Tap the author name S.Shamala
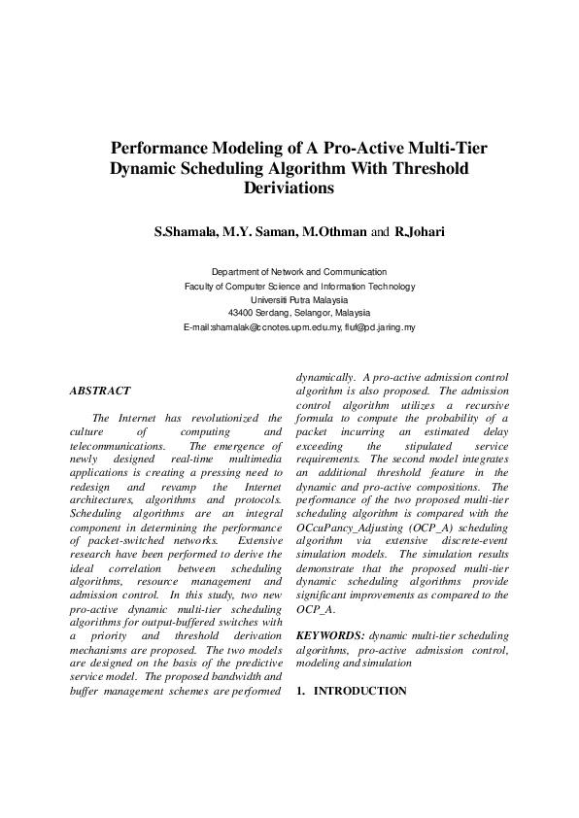[187, 232]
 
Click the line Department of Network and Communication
[299, 273]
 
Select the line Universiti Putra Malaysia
[299, 300]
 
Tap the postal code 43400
[243, 314]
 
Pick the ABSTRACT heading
[100, 391]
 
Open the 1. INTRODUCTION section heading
[351, 691]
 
